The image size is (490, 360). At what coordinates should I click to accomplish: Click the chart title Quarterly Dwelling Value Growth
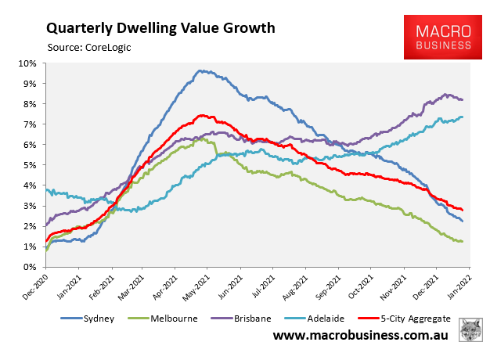[160, 28]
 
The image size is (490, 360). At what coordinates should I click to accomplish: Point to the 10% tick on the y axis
[27, 63]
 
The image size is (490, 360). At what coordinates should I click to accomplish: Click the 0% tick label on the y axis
[29, 267]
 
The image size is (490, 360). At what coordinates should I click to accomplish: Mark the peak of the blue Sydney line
[201, 70]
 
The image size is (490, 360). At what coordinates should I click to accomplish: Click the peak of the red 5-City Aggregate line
[202, 116]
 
